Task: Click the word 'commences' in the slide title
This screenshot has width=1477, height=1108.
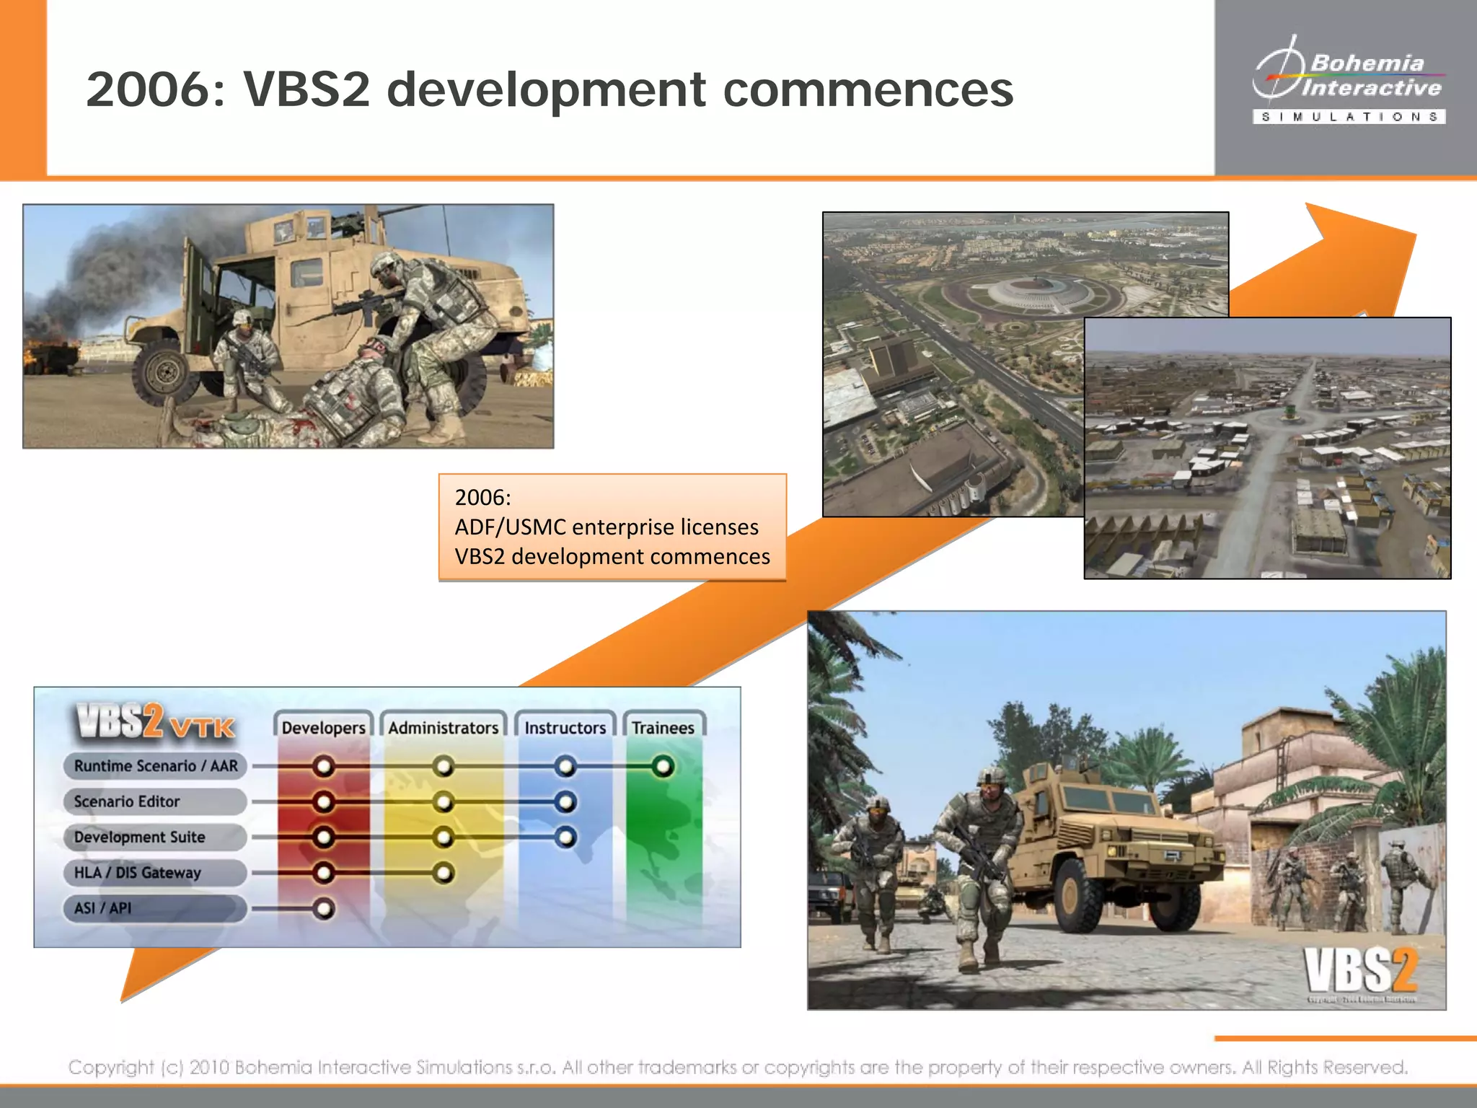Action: [868, 89]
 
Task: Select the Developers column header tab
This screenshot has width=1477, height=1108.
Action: [323, 727]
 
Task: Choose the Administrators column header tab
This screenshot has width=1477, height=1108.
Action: [443, 727]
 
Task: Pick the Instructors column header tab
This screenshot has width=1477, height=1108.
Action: [565, 727]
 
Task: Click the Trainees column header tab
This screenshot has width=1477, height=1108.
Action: [663, 727]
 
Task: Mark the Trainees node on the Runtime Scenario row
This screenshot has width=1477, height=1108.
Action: [663, 766]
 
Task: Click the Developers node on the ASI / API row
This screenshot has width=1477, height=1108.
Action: [324, 909]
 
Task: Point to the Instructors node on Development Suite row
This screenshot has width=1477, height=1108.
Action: [566, 837]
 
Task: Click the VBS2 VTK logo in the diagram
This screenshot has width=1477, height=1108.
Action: [154, 723]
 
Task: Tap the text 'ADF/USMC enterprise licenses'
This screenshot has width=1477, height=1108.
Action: [606, 527]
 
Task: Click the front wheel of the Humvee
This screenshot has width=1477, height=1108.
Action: [167, 372]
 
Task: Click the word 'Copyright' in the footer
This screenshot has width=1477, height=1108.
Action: [111, 1067]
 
